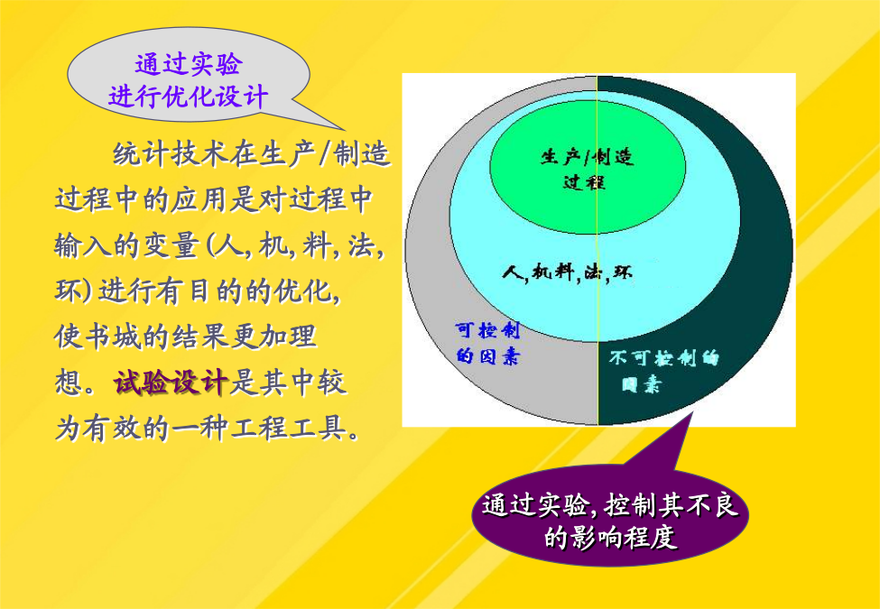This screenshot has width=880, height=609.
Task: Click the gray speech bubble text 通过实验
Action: (189, 64)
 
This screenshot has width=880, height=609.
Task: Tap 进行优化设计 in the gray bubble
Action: (189, 97)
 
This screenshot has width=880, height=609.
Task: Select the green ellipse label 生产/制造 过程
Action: (587, 169)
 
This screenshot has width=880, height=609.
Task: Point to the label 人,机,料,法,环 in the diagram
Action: (568, 272)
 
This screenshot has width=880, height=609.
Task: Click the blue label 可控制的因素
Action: (487, 343)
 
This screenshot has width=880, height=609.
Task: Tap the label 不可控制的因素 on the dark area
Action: (663, 370)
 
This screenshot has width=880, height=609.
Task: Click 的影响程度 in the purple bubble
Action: (611, 537)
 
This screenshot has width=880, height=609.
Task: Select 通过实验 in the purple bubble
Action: (536, 506)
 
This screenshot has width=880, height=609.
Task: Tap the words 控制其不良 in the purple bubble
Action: (672, 506)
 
